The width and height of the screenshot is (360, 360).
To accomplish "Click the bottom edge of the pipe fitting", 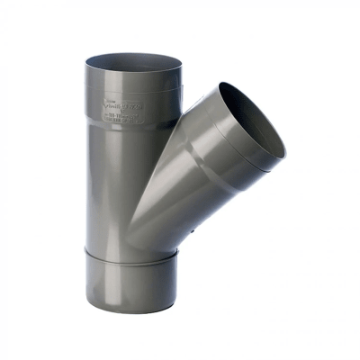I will tap(135, 305).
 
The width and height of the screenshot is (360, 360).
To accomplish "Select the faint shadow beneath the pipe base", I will tap(135, 310).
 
